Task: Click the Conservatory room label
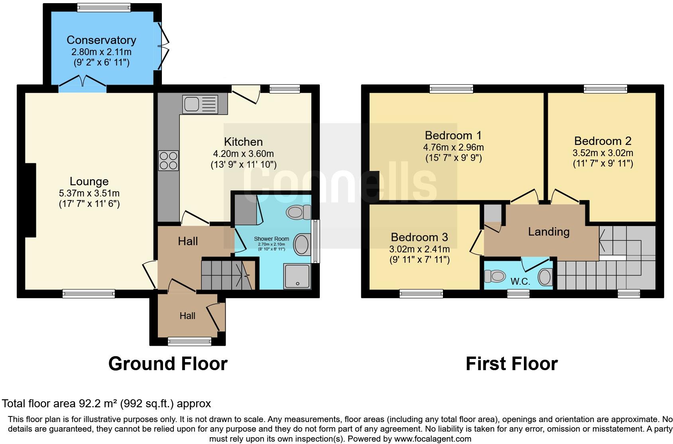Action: point(101,40)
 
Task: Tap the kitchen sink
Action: point(201,104)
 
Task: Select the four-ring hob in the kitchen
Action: point(168,161)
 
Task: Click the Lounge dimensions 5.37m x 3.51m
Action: point(89,193)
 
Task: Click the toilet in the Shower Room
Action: point(299,212)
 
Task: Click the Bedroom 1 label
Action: point(453,135)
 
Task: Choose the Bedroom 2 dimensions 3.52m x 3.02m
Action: point(603,153)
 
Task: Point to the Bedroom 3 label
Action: point(419,237)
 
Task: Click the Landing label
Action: point(549,232)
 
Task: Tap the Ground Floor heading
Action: point(168,364)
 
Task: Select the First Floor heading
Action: point(512,364)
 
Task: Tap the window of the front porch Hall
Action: point(189,341)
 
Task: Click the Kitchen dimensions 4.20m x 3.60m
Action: point(243,154)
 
